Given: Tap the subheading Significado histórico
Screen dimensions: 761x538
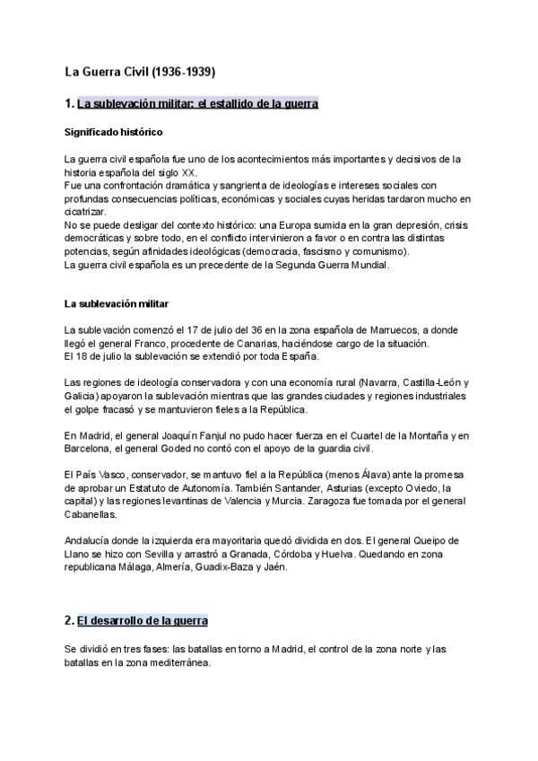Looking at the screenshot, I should point(113,132).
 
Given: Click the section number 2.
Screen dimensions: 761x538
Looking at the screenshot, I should point(69,620).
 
